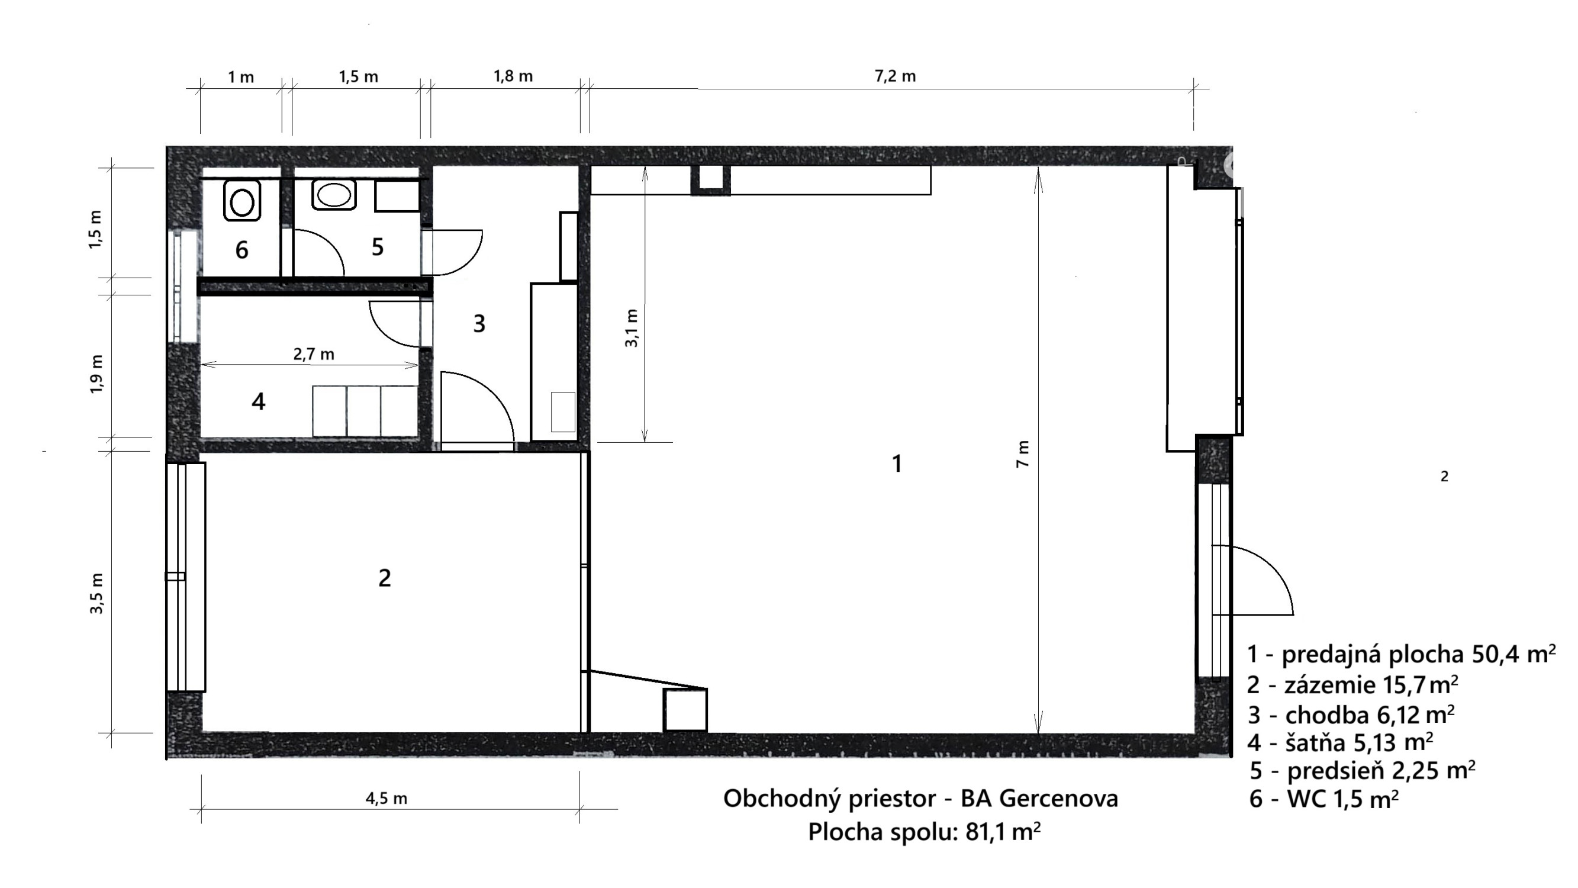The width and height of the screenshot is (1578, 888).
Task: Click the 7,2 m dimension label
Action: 895,76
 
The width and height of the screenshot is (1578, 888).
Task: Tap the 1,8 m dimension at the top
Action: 513,76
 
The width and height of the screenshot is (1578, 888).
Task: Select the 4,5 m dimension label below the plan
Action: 386,799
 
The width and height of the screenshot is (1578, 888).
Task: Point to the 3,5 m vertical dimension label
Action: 97,593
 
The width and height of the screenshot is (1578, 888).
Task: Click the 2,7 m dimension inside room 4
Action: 314,354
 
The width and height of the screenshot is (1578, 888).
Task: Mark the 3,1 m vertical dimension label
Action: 631,328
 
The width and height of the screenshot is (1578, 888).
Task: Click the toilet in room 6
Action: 242,200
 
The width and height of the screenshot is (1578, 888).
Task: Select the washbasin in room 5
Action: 334,194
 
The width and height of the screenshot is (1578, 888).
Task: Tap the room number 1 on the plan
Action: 897,464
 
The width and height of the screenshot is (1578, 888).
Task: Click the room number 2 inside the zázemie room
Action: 385,578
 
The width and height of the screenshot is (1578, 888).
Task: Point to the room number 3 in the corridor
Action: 479,324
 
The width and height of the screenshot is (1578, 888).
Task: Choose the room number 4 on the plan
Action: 259,401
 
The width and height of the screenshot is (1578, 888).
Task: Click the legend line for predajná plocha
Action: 1402,654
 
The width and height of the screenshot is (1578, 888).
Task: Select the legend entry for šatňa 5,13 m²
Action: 1340,742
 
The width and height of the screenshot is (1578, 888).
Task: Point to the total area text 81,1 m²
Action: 1003,832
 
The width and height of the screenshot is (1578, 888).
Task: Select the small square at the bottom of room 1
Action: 686,710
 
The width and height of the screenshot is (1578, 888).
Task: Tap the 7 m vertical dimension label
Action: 1022,454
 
